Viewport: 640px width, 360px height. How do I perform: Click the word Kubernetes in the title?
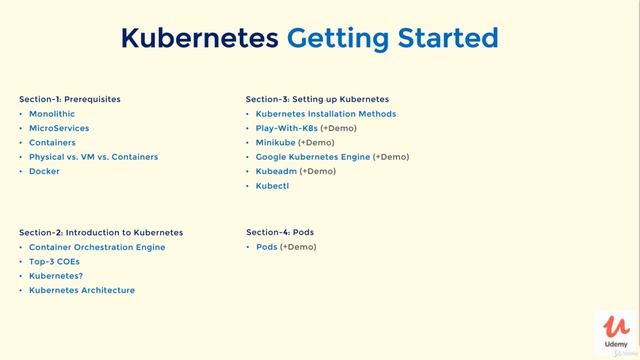[199, 38]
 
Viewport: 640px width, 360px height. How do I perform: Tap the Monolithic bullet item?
[53, 114]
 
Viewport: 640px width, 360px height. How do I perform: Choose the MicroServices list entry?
[59, 128]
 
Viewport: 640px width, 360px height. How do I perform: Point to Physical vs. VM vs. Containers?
[93, 157]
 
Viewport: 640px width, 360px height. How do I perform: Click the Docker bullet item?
[44, 171]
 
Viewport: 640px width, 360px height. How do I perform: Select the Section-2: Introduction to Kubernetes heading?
[101, 232]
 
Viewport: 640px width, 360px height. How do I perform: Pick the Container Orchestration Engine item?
[97, 247]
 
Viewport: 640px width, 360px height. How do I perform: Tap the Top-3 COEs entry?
[54, 261]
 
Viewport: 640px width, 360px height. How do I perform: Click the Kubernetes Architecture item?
[82, 290]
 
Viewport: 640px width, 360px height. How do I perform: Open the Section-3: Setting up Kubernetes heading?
[317, 99]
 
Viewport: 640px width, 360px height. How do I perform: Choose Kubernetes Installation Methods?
[326, 114]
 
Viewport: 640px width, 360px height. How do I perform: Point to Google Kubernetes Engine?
[313, 157]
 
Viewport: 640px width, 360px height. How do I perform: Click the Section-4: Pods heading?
[280, 232]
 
